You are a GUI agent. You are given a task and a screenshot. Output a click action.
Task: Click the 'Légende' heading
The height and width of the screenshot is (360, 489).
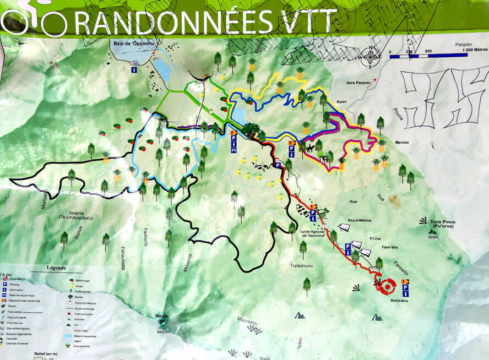(57, 268)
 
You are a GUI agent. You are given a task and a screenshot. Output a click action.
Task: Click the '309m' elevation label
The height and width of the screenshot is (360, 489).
(432, 237)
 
